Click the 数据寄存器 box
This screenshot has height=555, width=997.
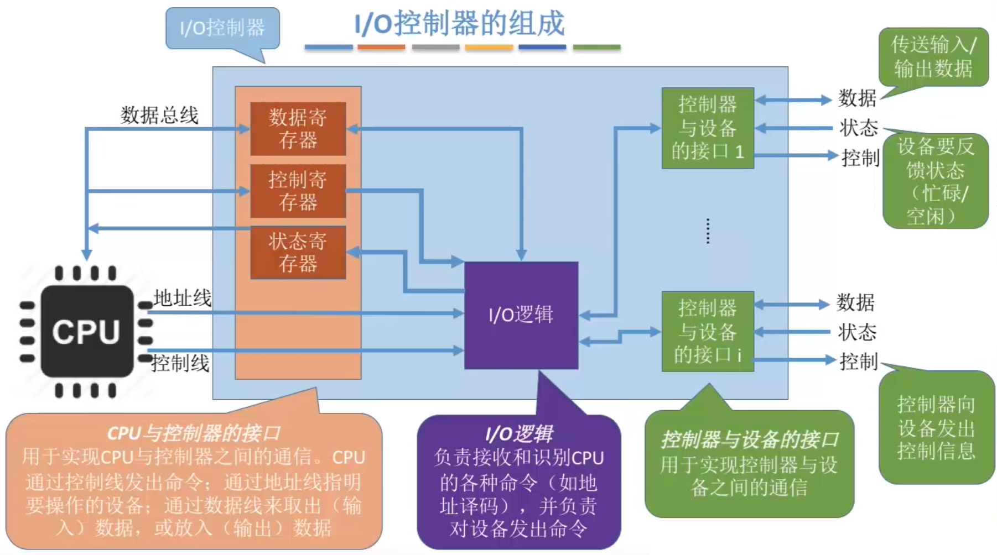pyautogui.click(x=298, y=128)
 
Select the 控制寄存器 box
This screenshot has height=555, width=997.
pyautogui.click(x=298, y=191)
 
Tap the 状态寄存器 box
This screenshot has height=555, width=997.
pyautogui.click(x=298, y=252)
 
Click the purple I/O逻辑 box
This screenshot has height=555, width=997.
pyautogui.click(x=521, y=315)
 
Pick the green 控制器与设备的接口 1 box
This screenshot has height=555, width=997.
pyautogui.click(x=708, y=128)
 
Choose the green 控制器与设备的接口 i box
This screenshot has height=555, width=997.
pyautogui.click(x=708, y=331)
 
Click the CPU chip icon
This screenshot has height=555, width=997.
pyautogui.click(x=86, y=332)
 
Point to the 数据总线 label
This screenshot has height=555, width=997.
pyautogui.click(x=159, y=115)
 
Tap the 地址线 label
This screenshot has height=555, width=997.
pyautogui.click(x=183, y=299)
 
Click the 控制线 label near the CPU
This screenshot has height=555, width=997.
pyautogui.click(x=180, y=363)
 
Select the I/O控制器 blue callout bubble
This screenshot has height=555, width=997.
pyautogui.click(x=222, y=28)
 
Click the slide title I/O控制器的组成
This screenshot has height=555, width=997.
pyautogui.click(x=459, y=23)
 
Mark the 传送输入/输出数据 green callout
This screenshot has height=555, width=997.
pyautogui.click(x=933, y=56)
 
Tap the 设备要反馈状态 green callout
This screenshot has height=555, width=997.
pyautogui.click(x=936, y=181)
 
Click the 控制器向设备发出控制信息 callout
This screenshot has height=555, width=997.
pyautogui.click(x=936, y=428)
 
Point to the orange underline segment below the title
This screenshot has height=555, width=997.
pyautogui.click(x=381, y=48)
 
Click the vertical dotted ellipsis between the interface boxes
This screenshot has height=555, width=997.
pyautogui.click(x=708, y=231)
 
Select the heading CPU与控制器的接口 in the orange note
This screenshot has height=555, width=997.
pyautogui.click(x=194, y=433)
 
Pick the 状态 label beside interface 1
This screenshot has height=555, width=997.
pyautogui.click(x=858, y=128)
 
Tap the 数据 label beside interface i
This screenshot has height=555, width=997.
pyautogui.click(x=855, y=303)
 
